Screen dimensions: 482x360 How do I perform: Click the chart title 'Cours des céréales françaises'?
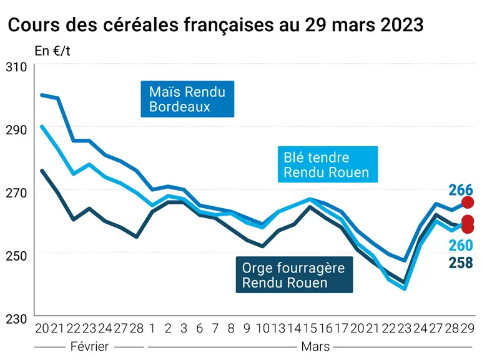pyautogui.click(x=140, y=24)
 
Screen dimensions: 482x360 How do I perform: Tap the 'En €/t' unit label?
pyautogui.click(x=52, y=51)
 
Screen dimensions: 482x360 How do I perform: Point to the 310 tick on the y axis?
pyautogui.click(x=16, y=67)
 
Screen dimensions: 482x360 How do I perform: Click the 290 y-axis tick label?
pyautogui.click(x=16, y=130)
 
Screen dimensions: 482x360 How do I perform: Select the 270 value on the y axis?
pyautogui.click(x=16, y=193)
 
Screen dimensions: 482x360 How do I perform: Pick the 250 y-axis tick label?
pyautogui.click(x=16, y=256)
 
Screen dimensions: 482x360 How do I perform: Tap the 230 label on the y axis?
pyautogui.click(x=16, y=319)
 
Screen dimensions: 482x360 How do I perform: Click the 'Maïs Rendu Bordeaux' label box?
pyautogui.click(x=187, y=99)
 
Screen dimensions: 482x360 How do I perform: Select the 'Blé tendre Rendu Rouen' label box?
pyautogui.click(x=328, y=164)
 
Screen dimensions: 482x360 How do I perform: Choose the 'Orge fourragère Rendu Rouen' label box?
pyautogui.click(x=295, y=274)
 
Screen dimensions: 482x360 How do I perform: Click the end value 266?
pyautogui.click(x=461, y=190)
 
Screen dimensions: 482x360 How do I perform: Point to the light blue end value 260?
pyautogui.click(x=461, y=245)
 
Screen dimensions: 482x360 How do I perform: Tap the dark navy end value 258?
pyautogui.click(x=461, y=262)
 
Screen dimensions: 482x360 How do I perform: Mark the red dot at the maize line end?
pyautogui.click(x=468, y=202)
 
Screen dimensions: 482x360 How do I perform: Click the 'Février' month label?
pyautogui.click(x=89, y=346)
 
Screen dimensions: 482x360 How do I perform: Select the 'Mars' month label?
pyautogui.click(x=315, y=346)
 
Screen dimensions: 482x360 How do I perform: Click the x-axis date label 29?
pyautogui.click(x=468, y=328)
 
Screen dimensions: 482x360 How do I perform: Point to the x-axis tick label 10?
pyautogui.click(x=263, y=328)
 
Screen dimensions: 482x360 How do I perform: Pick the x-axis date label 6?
pyautogui.click(x=200, y=328)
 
